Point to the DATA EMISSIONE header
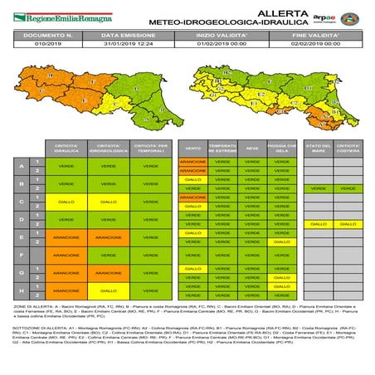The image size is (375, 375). (x=129, y=36)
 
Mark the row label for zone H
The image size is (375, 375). (x=21, y=291)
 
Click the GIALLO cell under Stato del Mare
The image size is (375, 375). (x=318, y=224)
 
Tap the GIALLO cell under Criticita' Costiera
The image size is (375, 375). (x=348, y=224)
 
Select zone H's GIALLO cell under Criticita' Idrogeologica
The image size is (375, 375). (x=107, y=291)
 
